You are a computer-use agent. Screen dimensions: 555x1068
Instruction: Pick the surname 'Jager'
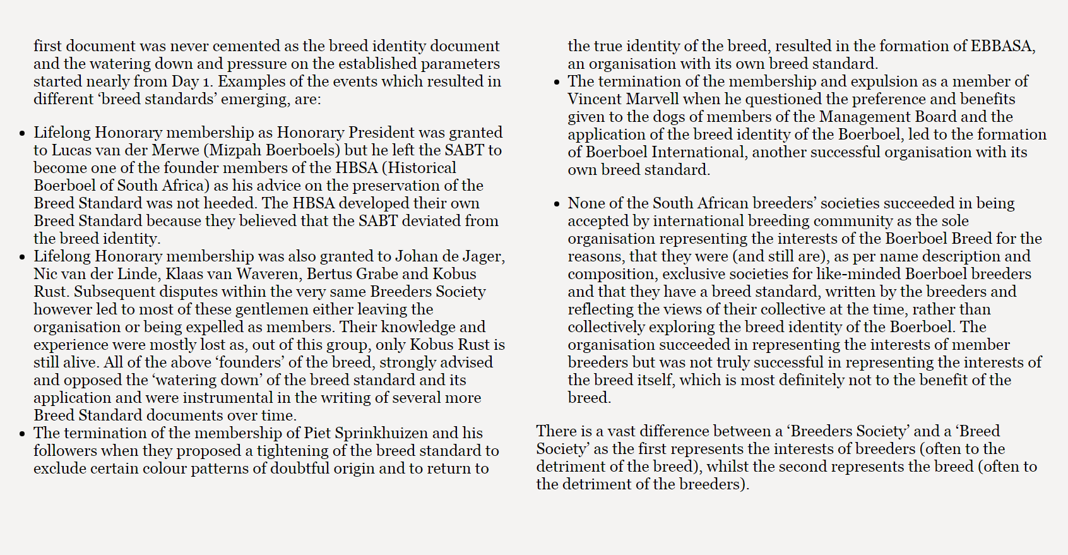(x=481, y=256)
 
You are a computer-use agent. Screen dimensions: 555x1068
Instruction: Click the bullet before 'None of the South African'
(x=556, y=204)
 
